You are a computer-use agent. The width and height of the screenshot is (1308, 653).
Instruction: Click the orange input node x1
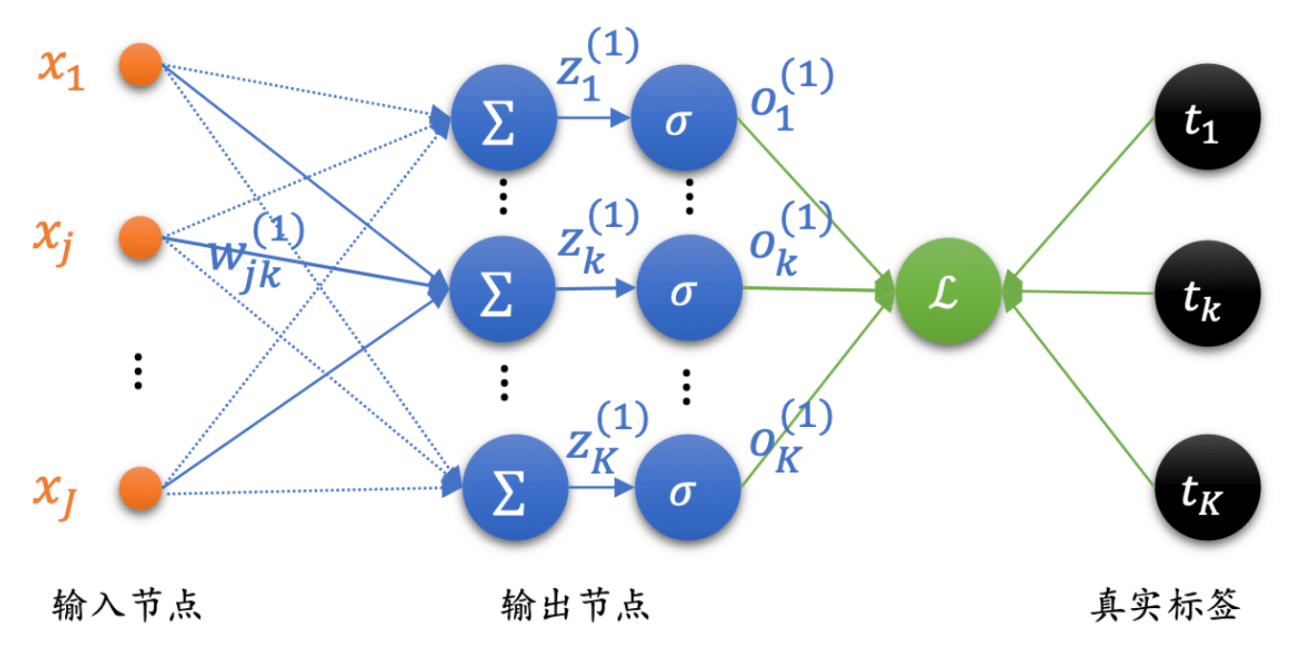(x=141, y=66)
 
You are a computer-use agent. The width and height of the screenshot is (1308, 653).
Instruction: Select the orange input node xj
(x=141, y=237)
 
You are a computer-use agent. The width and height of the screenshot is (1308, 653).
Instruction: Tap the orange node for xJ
(x=141, y=489)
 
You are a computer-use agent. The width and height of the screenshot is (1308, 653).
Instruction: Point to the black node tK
(x=1208, y=487)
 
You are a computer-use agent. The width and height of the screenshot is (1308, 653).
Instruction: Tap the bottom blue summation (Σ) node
(x=514, y=488)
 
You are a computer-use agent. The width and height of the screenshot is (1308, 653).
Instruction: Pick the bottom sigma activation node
(x=688, y=488)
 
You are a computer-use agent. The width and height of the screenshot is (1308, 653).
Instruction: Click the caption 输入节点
(x=127, y=605)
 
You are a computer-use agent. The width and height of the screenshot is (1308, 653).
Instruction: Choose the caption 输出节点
(x=575, y=605)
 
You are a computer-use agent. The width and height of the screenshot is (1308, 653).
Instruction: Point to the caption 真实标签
(x=1165, y=605)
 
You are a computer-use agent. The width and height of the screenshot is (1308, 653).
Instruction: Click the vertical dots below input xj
(x=139, y=371)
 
